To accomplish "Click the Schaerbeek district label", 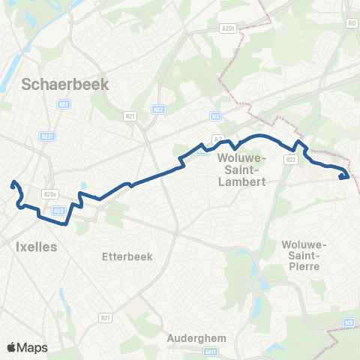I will pos(66,84).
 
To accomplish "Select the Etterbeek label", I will pos(127,256).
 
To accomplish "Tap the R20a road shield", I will pos(51,194).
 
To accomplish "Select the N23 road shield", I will pos(59,211).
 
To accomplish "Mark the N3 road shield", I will pos(349,323).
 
